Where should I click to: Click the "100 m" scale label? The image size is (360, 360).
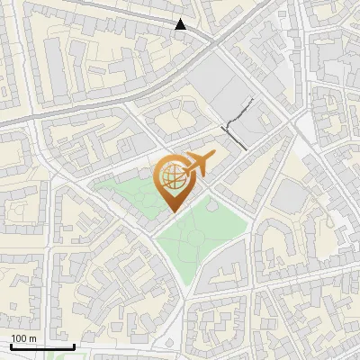click(23, 338)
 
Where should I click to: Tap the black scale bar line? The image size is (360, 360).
click(42, 346)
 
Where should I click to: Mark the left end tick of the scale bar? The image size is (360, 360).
click(11, 345)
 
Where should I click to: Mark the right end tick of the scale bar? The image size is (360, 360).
click(74, 345)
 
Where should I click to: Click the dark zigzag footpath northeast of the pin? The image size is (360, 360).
click(236, 126)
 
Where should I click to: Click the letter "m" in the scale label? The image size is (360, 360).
click(32, 338)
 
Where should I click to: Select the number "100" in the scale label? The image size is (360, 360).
click(19, 338)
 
